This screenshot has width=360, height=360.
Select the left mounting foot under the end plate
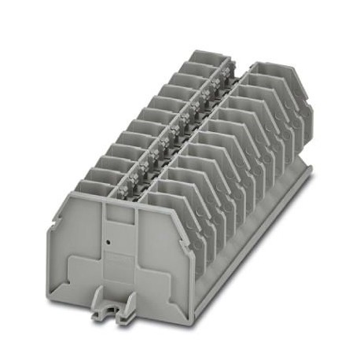click(100, 312)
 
